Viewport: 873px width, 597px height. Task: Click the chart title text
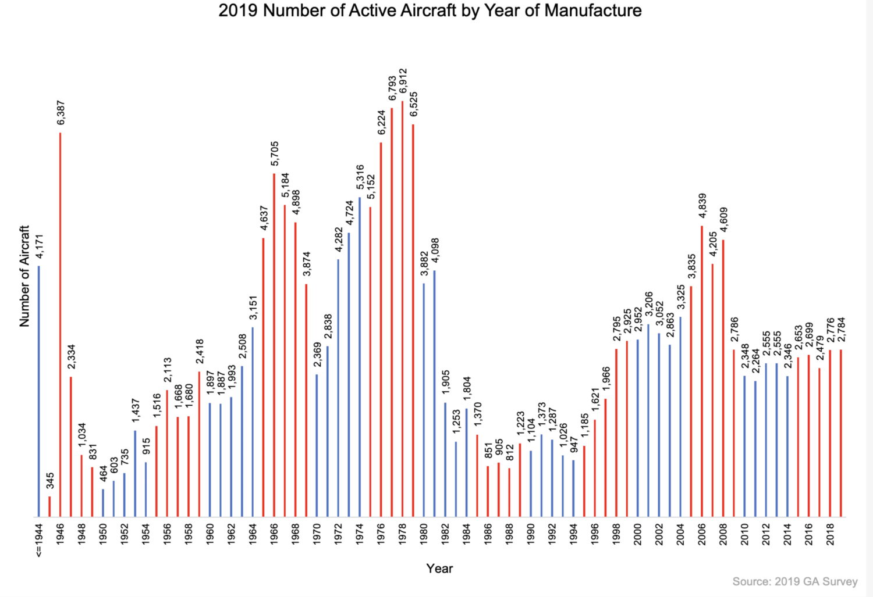tap(430, 10)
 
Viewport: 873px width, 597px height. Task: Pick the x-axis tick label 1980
tap(424, 533)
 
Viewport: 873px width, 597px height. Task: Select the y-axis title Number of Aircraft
tap(24, 276)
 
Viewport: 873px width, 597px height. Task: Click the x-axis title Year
tap(439, 569)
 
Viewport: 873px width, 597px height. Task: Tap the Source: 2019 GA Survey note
tap(794, 581)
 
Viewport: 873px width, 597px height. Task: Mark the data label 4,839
tap(702, 206)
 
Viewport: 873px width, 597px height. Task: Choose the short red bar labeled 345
tap(49, 506)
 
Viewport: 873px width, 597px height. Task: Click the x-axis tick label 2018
tap(831, 533)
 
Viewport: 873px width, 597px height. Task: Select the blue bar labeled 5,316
tap(360, 357)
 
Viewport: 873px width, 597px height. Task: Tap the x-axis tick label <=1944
tap(39, 538)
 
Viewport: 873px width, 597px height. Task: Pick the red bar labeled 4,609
tap(723, 378)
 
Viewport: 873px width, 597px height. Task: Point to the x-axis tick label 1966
tap(274, 533)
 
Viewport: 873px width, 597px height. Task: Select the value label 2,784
tap(842, 330)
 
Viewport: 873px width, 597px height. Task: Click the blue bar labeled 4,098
tap(434, 394)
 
